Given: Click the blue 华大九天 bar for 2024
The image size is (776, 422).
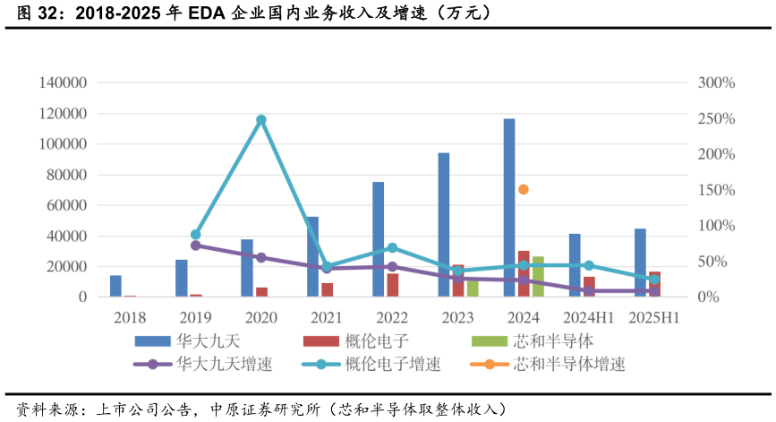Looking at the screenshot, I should pyautogui.click(x=508, y=207).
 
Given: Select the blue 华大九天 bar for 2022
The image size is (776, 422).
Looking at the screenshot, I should pyautogui.click(x=378, y=239).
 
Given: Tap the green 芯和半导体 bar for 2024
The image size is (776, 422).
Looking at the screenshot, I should pyautogui.click(x=538, y=277).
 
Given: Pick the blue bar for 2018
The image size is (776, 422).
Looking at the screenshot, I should pyautogui.click(x=115, y=286).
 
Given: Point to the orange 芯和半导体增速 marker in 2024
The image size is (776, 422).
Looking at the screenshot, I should pyautogui.click(x=524, y=189).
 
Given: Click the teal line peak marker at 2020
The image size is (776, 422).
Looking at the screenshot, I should pyautogui.click(x=261, y=119).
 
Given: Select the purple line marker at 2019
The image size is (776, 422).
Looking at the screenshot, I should pyautogui.click(x=196, y=245).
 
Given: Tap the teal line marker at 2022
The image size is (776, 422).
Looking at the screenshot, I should pyautogui.click(x=392, y=247).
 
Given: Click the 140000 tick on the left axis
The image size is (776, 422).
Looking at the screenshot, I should pyautogui.click(x=63, y=83).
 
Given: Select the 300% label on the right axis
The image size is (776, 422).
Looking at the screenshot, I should pyautogui.click(x=716, y=83).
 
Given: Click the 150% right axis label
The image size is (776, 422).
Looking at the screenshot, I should pyautogui.click(x=716, y=190).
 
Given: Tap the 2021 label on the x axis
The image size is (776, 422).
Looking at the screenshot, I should pyautogui.click(x=327, y=318).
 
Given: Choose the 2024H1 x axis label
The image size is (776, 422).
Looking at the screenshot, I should pyautogui.click(x=588, y=318).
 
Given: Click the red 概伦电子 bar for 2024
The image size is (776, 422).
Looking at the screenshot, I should pyautogui.click(x=524, y=274).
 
